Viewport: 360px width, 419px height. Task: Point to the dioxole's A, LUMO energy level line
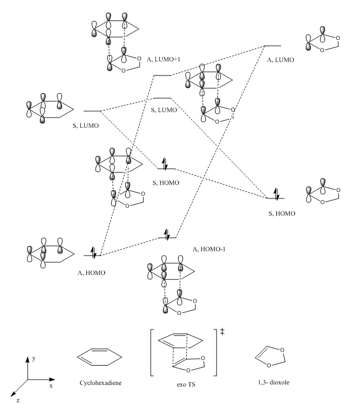click(272, 46)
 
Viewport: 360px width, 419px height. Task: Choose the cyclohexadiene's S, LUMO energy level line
click(92, 111)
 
